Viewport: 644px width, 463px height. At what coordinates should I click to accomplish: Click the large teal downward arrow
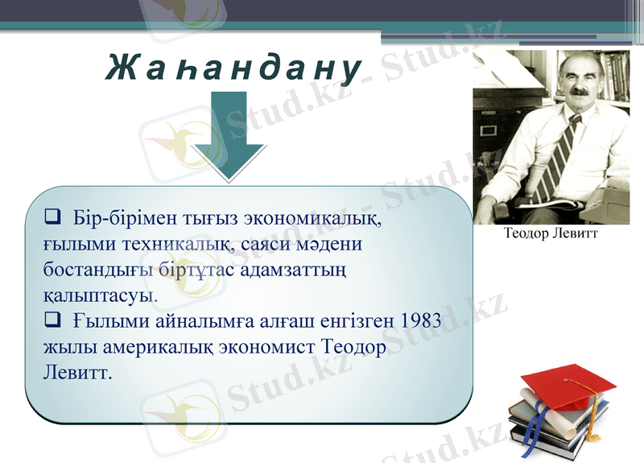coord(228,137)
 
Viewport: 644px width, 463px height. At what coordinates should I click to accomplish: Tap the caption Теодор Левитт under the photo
coord(551,234)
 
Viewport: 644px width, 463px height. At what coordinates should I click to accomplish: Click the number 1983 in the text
coord(420,321)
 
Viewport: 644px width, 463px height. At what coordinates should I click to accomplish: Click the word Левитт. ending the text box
coord(76,374)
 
